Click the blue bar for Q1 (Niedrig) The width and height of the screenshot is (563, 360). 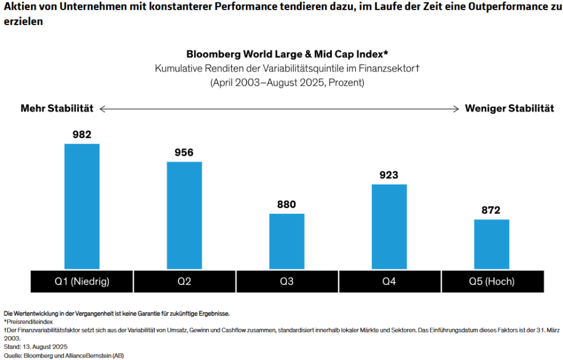(82, 206)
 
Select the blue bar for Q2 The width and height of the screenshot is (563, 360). (184, 215)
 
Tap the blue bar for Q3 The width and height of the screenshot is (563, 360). (287, 241)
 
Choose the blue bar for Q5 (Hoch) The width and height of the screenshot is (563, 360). (492, 244)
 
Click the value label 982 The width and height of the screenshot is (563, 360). (82, 134)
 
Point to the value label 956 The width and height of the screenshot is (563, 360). (184, 152)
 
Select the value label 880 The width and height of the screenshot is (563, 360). (287, 204)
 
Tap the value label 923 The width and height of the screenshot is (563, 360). (389, 175)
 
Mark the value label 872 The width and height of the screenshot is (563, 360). (492, 210)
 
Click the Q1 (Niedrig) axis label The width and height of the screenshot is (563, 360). (82, 281)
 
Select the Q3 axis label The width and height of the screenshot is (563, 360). (287, 281)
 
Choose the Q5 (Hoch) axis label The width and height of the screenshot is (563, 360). (492, 281)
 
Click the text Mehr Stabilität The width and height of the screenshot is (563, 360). (57, 108)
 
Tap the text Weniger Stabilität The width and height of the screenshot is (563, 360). (509, 108)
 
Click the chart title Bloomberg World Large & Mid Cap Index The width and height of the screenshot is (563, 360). (287, 53)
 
